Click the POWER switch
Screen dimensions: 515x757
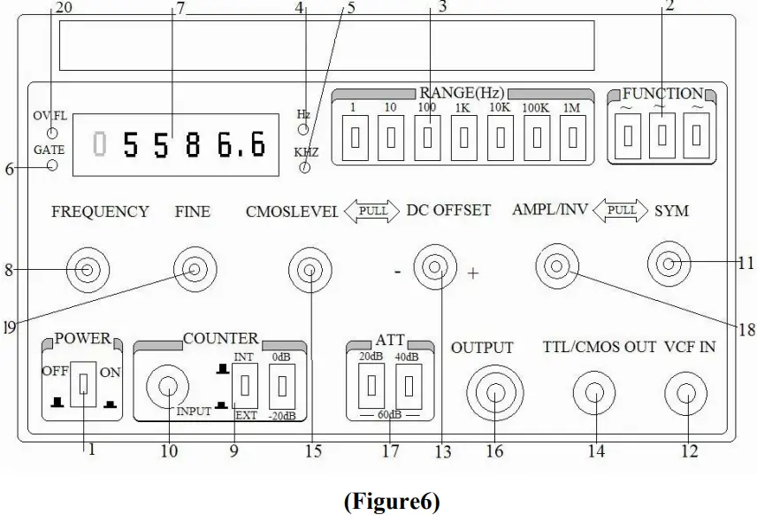click(82, 385)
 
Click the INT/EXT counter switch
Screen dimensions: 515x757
click(244, 385)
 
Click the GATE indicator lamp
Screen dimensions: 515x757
click(52, 166)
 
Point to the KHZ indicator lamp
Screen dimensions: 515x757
click(306, 168)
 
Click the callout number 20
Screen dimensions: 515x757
click(64, 8)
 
